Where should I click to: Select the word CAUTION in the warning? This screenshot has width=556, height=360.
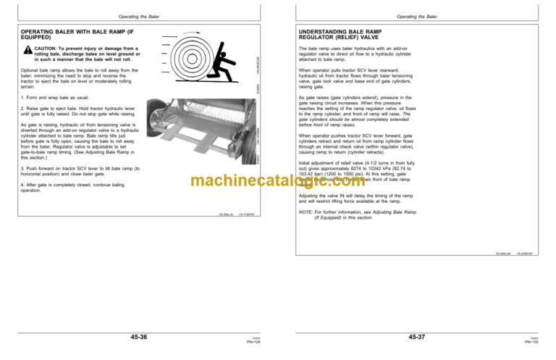tap(45, 49)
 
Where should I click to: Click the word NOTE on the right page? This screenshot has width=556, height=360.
tap(306, 212)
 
